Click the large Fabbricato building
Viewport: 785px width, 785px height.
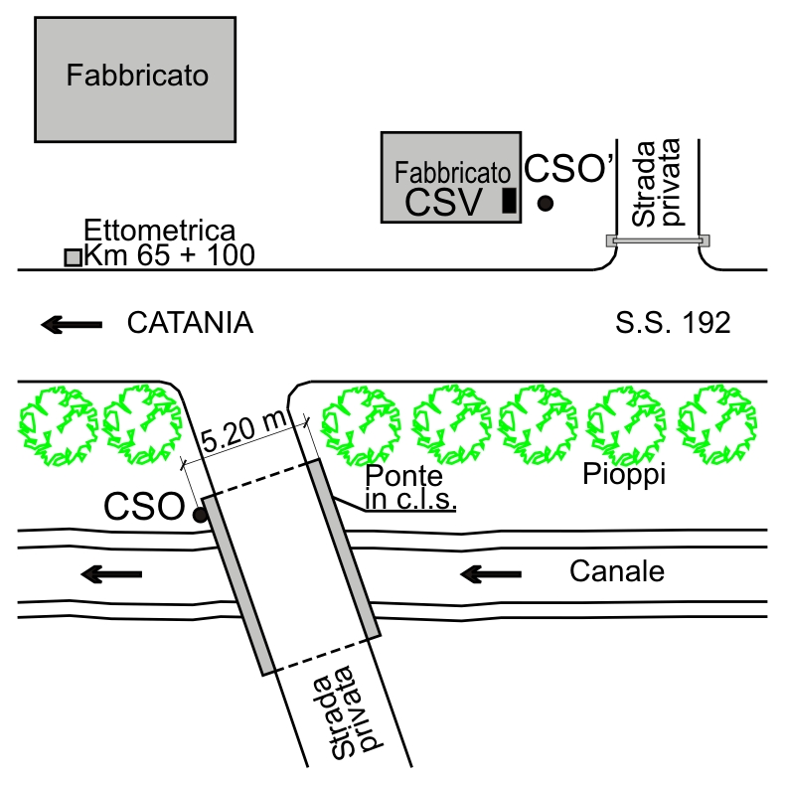point(135,78)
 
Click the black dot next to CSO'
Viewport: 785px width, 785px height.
point(545,204)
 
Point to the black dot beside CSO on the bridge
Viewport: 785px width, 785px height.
point(200,514)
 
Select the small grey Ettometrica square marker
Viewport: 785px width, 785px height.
point(73,257)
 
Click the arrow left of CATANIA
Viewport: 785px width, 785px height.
point(72,323)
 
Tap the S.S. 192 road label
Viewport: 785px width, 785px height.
point(674,323)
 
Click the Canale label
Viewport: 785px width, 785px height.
point(616,571)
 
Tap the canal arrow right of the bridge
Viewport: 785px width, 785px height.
point(492,573)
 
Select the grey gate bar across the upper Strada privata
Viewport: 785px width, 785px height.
point(660,240)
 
